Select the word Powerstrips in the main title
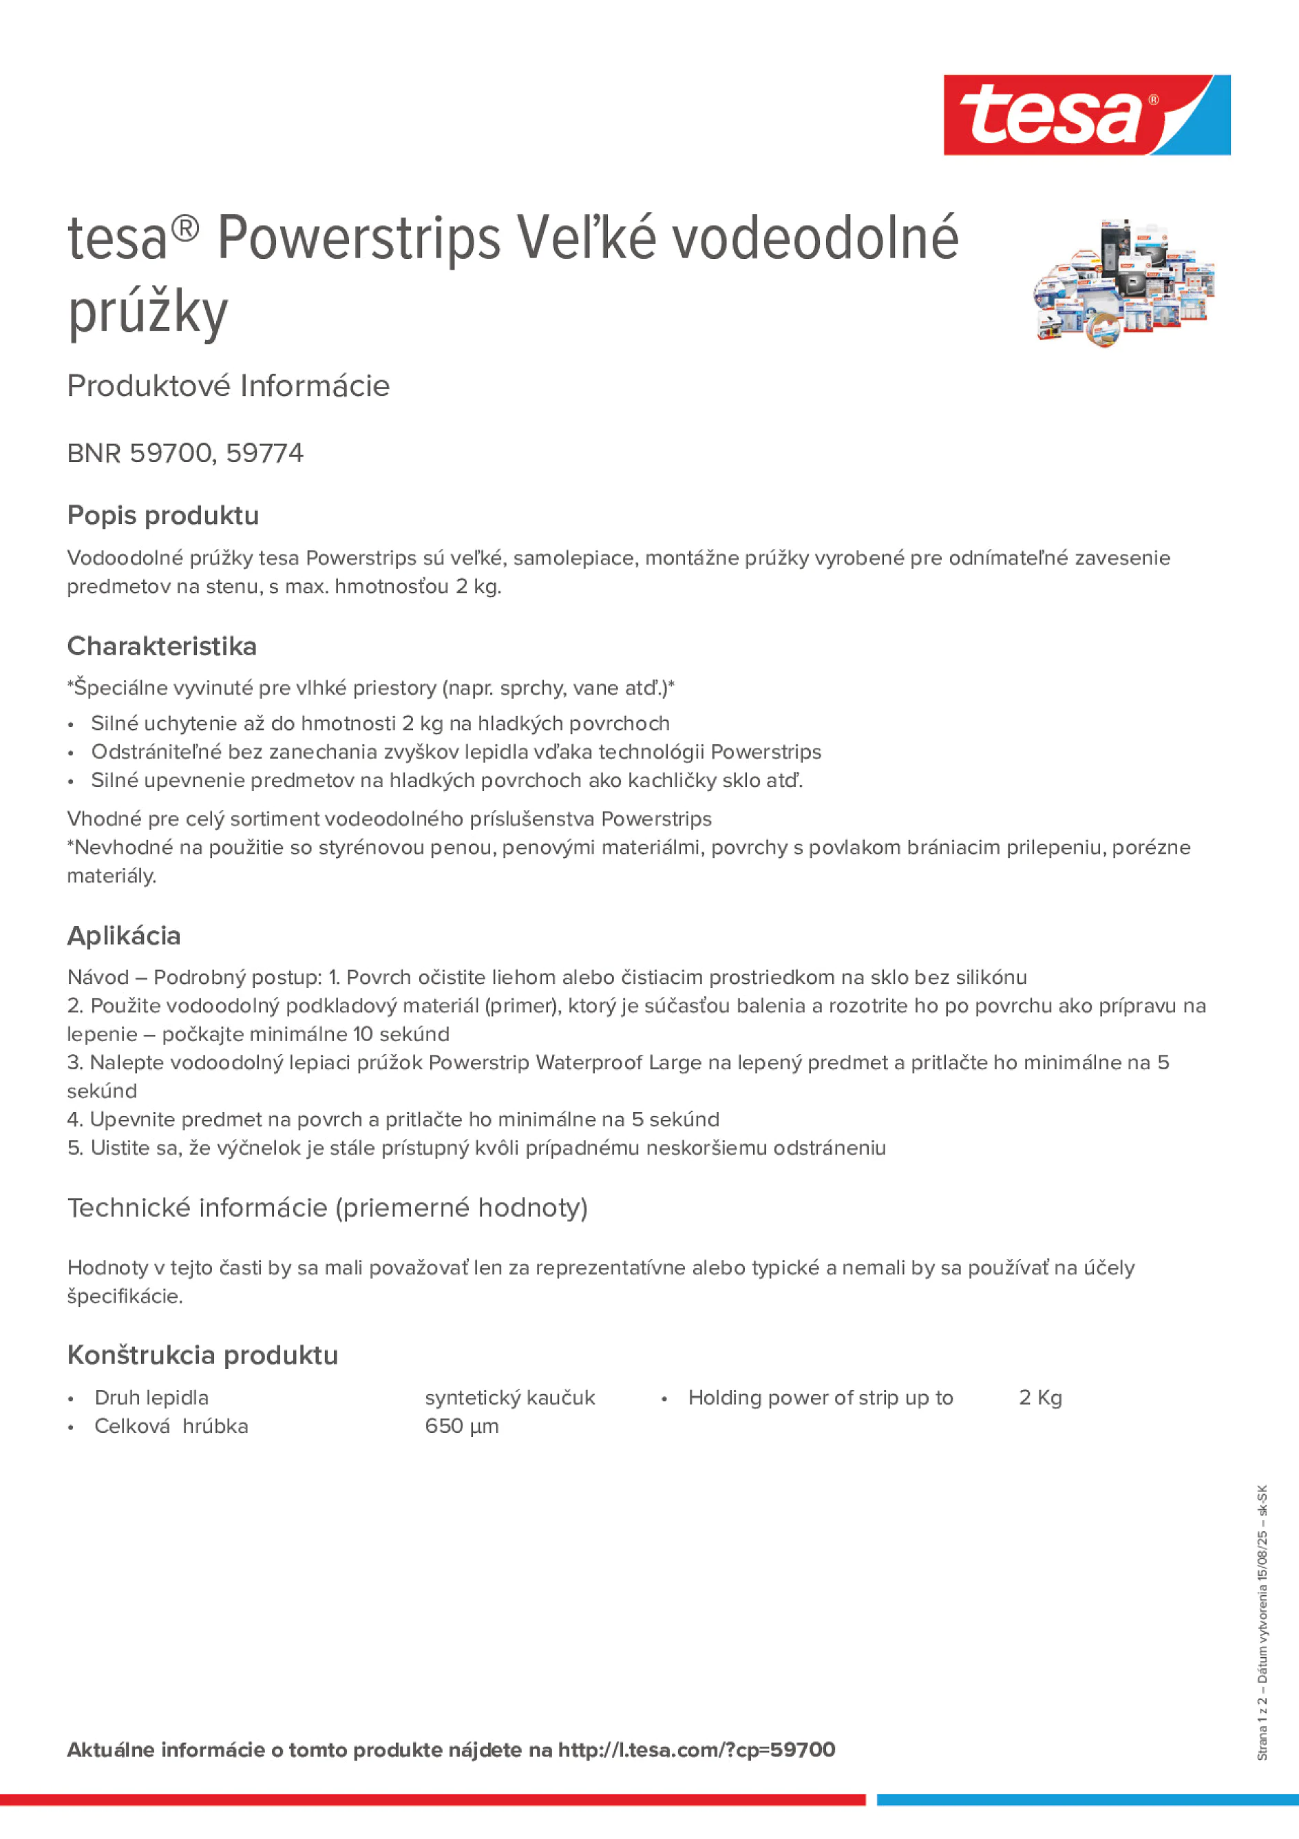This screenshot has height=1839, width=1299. click(359, 239)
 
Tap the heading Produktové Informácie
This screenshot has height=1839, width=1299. click(229, 386)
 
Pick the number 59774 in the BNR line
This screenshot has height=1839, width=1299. click(264, 453)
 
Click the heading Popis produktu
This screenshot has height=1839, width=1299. click(162, 515)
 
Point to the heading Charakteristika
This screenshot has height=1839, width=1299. click(162, 646)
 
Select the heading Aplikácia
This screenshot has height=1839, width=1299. click(124, 936)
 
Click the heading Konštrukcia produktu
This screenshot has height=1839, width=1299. click(202, 1355)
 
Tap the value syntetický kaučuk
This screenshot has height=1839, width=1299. click(509, 1398)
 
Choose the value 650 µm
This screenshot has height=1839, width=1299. click(461, 1427)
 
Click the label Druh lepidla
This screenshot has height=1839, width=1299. click(151, 1398)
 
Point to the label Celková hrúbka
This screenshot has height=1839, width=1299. click(171, 1427)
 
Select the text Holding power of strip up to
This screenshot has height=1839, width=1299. click(820, 1398)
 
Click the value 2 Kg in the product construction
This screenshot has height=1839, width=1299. click(1039, 1398)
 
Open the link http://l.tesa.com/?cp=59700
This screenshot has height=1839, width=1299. click(696, 1750)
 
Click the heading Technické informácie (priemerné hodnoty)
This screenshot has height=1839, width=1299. click(327, 1208)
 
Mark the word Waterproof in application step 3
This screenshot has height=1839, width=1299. click(588, 1063)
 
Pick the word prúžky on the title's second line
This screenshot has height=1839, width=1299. click(148, 313)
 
